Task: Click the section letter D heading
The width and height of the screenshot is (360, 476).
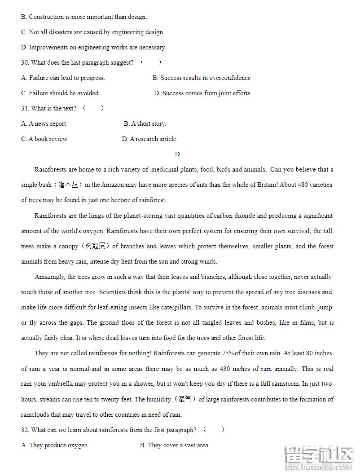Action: click(x=177, y=154)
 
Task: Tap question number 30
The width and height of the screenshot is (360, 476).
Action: click(x=25, y=63)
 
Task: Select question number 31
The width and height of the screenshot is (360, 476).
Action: click(x=25, y=109)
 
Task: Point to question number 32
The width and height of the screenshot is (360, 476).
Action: click(x=25, y=430)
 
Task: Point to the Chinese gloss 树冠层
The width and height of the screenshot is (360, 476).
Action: click(x=95, y=247)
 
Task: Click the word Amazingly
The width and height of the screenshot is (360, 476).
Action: click(x=49, y=277)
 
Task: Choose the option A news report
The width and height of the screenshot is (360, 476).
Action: click(x=44, y=124)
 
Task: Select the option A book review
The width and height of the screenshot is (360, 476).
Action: click(x=44, y=139)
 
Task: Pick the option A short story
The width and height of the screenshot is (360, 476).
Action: click(x=145, y=124)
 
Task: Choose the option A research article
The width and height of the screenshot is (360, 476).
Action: click(x=150, y=139)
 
